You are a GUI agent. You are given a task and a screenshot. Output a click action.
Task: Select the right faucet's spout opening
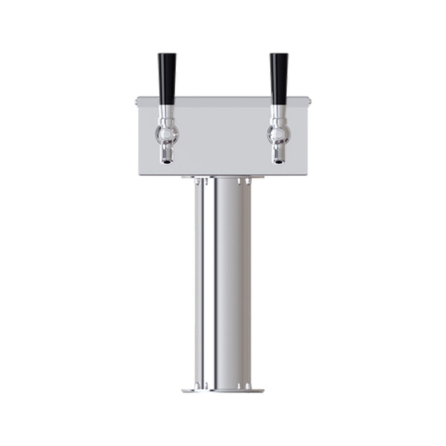[x=278, y=161]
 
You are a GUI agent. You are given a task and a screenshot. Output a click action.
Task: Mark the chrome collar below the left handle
[x=166, y=113]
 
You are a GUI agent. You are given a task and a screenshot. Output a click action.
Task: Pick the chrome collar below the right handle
[x=278, y=113]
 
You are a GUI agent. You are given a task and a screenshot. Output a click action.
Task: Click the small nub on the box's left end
[x=138, y=100]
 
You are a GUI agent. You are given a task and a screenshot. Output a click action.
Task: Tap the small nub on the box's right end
[x=309, y=100]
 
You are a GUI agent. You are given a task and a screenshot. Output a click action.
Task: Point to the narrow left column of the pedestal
[x=199, y=280]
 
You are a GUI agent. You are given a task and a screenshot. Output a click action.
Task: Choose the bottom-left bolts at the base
[x=201, y=385]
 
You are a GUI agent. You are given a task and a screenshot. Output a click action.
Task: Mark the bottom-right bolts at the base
[x=244, y=385]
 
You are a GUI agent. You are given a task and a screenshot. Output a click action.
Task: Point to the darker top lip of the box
[x=223, y=98]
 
